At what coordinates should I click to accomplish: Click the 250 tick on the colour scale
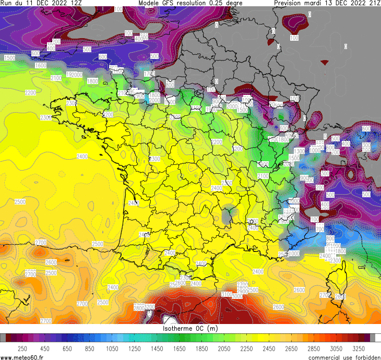22,348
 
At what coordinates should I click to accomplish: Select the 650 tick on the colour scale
67,348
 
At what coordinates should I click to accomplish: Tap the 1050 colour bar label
112,348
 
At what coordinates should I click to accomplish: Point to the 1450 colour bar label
157,348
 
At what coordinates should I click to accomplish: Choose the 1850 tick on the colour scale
202,348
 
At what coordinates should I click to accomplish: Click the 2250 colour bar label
247,348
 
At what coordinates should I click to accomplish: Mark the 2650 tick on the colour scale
292,348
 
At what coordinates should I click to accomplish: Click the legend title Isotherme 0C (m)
190,329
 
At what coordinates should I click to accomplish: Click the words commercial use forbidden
344,357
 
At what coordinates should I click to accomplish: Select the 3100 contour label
227,295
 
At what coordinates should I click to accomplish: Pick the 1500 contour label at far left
9,58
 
